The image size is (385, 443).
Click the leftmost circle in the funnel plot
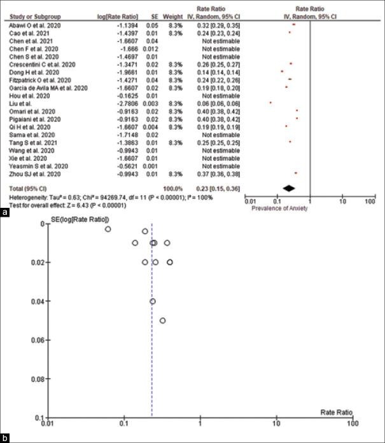[108, 229]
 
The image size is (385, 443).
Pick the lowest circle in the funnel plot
[162, 320]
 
